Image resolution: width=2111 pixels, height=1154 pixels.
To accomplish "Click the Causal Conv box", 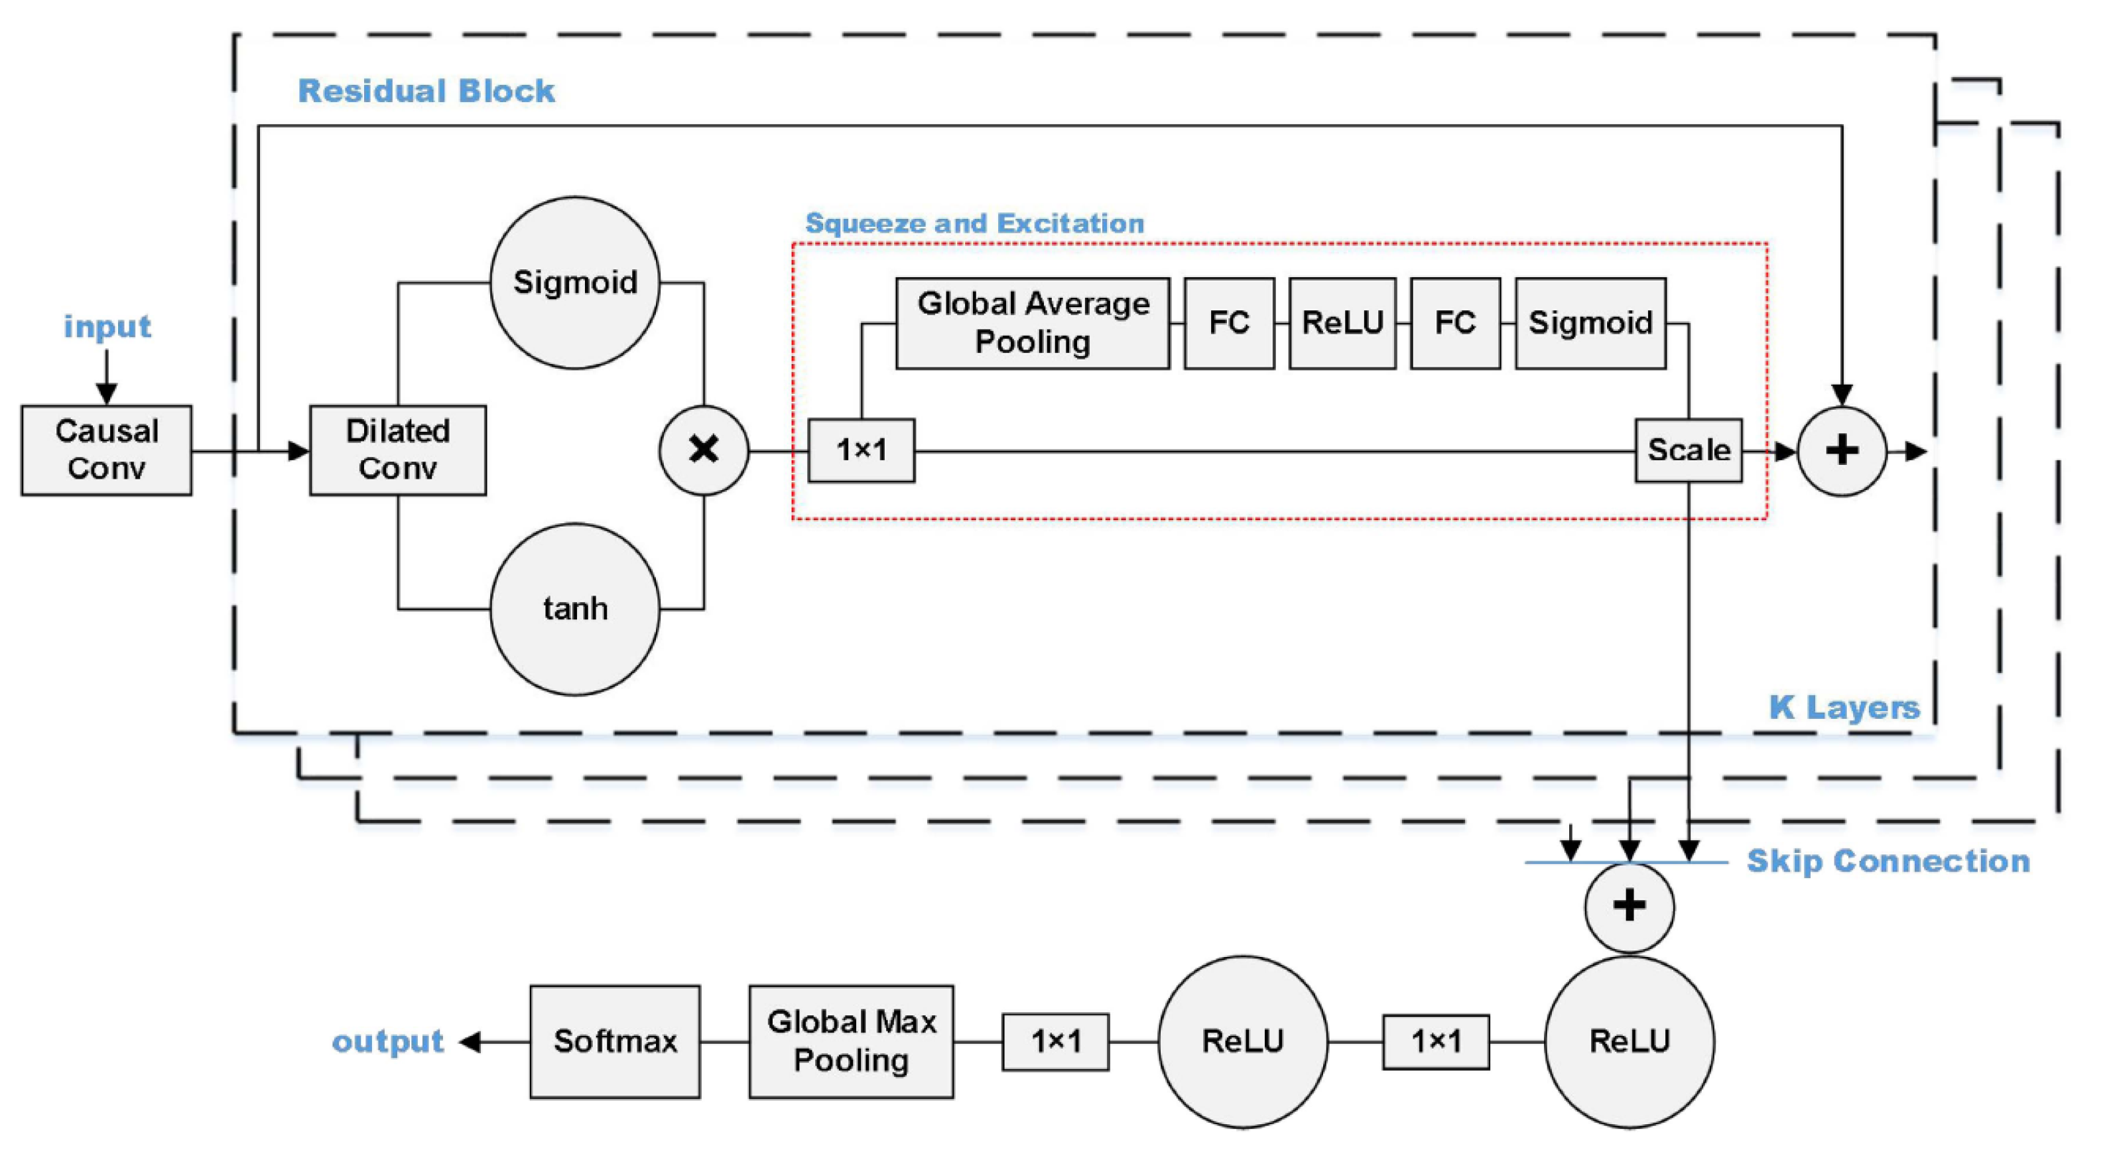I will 107,450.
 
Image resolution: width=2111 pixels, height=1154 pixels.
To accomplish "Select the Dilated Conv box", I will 397,450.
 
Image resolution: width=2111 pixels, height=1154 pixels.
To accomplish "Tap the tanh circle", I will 574,609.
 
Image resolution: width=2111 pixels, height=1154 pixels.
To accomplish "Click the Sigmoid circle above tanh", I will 574,283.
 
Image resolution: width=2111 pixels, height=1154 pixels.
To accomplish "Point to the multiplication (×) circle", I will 703,450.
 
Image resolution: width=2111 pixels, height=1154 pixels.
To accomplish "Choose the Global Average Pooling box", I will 1033,323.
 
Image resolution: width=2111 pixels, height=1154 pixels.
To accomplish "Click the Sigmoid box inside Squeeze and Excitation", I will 1590,323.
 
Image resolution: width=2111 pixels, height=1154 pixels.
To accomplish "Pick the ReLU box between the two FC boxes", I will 1342,323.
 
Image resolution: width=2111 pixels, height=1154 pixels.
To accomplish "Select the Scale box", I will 1688,450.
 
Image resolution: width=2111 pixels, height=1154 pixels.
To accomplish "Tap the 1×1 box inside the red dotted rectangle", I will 862,450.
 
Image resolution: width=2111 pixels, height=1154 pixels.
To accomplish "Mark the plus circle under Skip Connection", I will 1628,907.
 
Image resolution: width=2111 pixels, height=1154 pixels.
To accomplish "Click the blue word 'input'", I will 107,327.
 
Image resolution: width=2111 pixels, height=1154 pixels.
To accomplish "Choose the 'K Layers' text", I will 1844,707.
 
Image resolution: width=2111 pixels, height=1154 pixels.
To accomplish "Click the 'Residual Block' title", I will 426,91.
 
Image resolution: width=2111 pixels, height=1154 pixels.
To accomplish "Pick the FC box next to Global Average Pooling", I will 1228,323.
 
